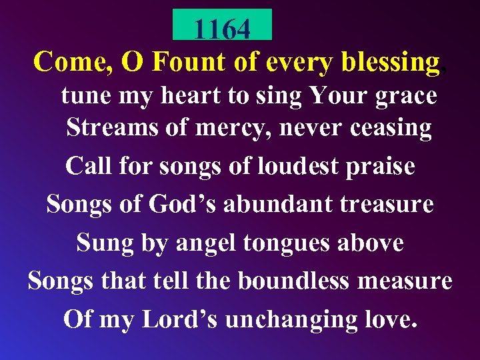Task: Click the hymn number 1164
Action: [222, 29]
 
